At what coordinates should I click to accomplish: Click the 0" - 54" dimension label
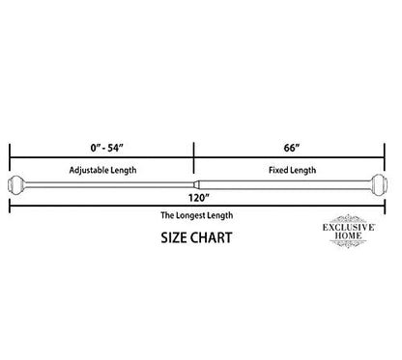[x=107, y=148]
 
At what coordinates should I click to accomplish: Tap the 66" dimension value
[x=292, y=148]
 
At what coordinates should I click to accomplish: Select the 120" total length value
[x=199, y=198]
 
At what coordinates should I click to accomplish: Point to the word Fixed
[x=277, y=170]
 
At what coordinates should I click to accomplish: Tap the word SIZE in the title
[x=174, y=237]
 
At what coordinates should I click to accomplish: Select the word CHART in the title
[x=212, y=237]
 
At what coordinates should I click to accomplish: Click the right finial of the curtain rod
[x=379, y=184]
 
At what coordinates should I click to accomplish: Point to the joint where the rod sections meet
[x=196, y=184]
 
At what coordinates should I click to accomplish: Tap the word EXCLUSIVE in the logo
[x=349, y=227]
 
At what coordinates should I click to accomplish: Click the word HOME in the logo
[x=348, y=235]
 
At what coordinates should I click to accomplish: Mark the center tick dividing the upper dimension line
[x=193, y=157]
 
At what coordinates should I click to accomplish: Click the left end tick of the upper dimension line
[x=10, y=157]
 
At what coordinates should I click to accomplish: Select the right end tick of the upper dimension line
[x=385, y=157]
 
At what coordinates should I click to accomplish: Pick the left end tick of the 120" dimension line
[x=10, y=206]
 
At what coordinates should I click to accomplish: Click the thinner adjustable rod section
[x=109, y=184]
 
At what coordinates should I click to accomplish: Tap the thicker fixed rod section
[x=285, y=184]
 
